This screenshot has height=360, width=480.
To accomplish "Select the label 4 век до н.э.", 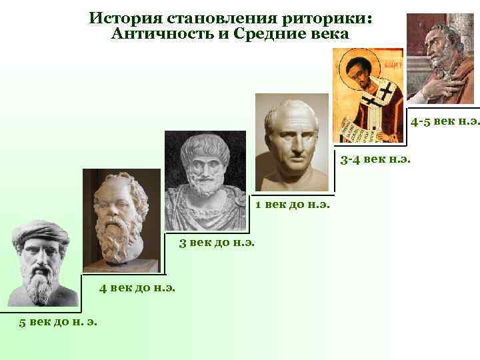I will tap(137, 288).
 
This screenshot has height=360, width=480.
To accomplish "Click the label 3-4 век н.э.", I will tap(375, 159).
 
